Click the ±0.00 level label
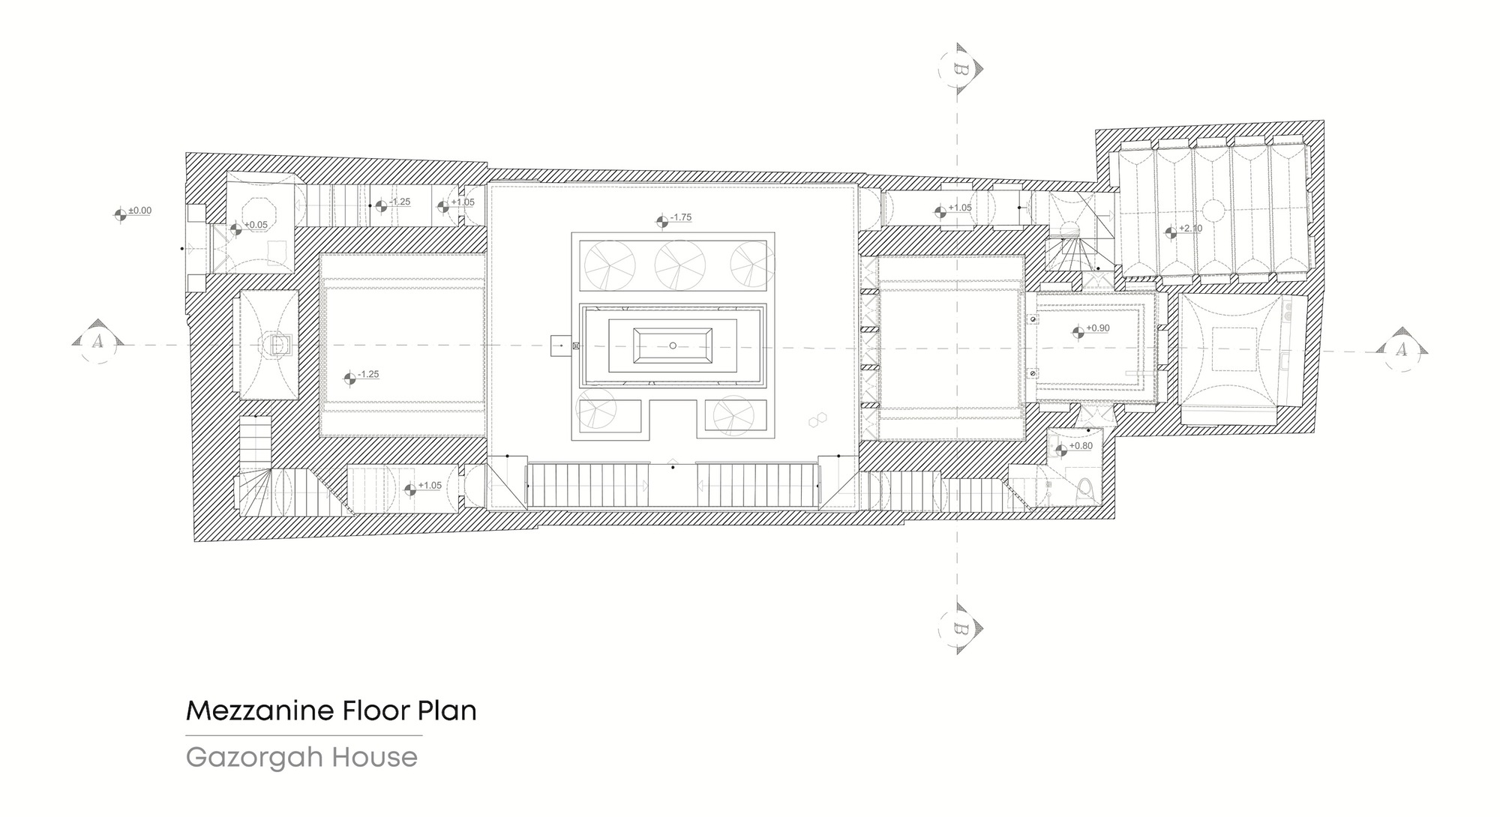tap(139, 211)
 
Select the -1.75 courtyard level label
tap(680, 217)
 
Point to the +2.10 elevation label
tap(1190, 228)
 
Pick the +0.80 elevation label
tap(1081, 446)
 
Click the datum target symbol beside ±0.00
tap(120, 215)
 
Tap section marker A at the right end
tap(1400, 349)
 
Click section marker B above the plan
tap(959, 69)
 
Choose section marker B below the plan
tap(959, 628)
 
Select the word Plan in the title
tap(447, 710)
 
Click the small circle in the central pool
tap(673, 345)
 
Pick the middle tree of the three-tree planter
tap(680, 266)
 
